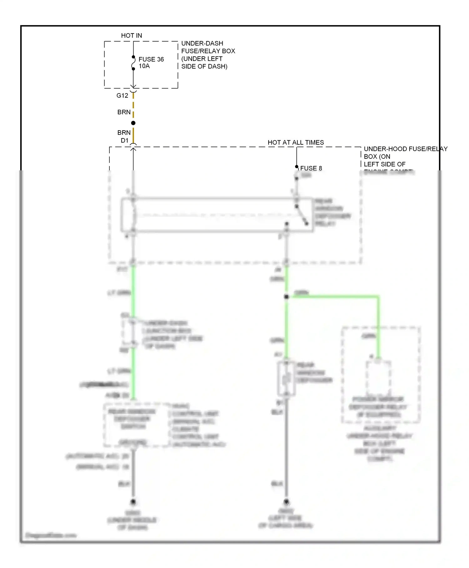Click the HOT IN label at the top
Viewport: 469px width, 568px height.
pyautogui.click(x=131, y=36)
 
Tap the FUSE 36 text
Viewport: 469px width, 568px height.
pyautogui.click(x=151, y=59)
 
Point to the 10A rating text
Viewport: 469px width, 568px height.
pyautogui.click(x=144, y=66)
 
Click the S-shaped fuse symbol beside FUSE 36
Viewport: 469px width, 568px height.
pyautogui.click(x=133, y=63)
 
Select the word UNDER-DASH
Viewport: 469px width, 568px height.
pyautogui.click(x=202, y=43)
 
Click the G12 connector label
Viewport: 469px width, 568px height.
pyautogui.click(x=122, y=96)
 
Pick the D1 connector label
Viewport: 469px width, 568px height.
pyautogui.click(x=124, y=141)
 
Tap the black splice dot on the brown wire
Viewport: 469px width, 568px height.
pyautogui.click(x=133, y=123)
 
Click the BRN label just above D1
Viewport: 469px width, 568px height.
pyautogui.click(x=124, y=133)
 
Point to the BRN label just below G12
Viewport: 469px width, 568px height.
pyautogui.click(x=124, y=112)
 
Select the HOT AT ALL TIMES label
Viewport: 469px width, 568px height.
pyautogui.click(x=295, y=142)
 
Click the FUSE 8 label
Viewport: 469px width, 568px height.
pyautogui.click(x=311, y=168)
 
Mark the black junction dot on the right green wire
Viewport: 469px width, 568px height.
pyautogui.click(x=286, y=297)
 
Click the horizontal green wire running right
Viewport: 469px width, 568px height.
pyautogui.click(x=335, y=296)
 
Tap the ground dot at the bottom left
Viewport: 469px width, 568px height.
pyautogui.click(x=133, y=502)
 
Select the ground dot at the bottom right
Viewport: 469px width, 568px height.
pyautogui.click(x=286, y=502)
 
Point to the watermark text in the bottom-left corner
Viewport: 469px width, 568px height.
pyautogui.click(x=51, y=535)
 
